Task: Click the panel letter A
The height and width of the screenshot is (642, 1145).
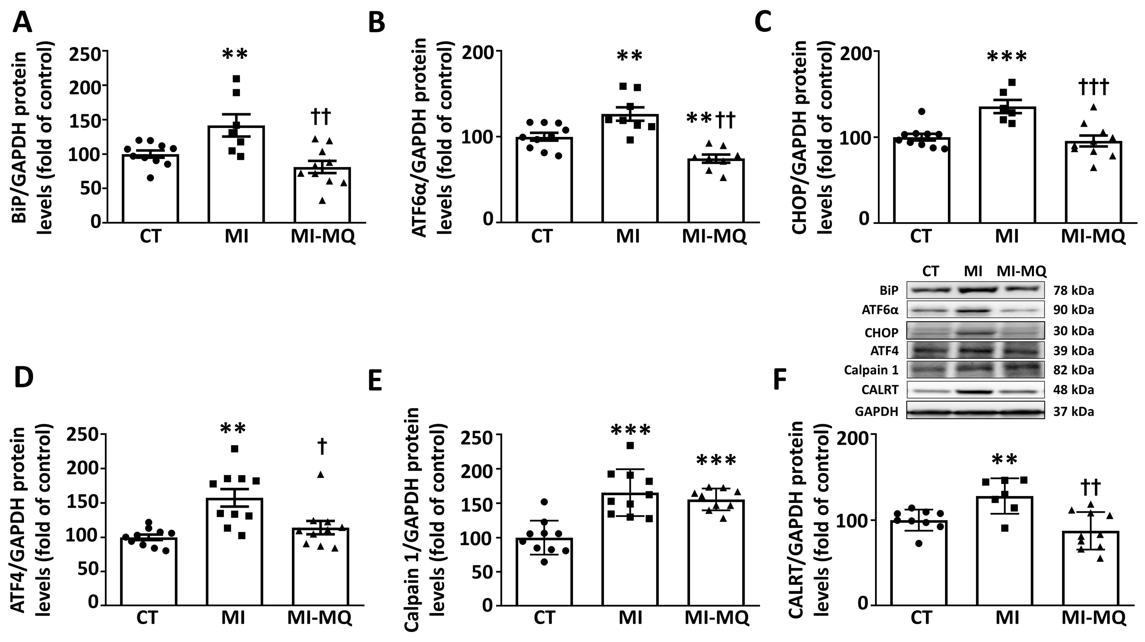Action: coord(22,22)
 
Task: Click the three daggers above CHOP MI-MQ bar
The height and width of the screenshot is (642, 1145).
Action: coord(1093,88)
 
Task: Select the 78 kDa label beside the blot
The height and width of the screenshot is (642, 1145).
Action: coord(1073,291)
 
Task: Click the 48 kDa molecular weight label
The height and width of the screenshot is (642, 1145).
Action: coord(1073,390)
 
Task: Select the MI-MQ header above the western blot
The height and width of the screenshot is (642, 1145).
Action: coord(1021,271)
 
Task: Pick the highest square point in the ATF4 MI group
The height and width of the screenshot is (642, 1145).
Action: coord(235,449)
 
